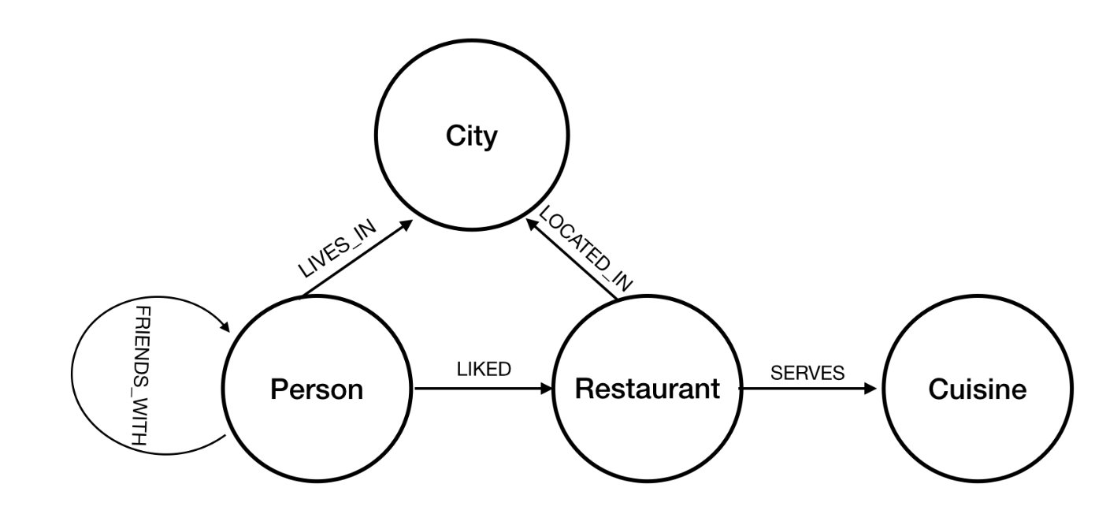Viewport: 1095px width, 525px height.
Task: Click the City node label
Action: tap(472, 136)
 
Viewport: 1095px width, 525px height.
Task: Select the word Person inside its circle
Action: tap(317, 389)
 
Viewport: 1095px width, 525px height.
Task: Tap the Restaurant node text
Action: tap(648, 388)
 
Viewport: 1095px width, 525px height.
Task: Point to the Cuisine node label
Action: tap(978, 389)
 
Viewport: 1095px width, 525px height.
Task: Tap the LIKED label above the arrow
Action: tap(484, 370)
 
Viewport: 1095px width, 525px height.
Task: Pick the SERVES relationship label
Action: tap(807, 374)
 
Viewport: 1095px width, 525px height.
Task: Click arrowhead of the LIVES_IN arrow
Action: tap(408, 225)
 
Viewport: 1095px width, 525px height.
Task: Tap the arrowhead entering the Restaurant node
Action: tap(547, 389)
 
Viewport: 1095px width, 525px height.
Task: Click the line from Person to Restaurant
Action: tap(473, 389)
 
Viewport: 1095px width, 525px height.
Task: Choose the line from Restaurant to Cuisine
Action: tap(804, 389)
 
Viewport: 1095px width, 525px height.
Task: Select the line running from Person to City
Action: tap(354, 261)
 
